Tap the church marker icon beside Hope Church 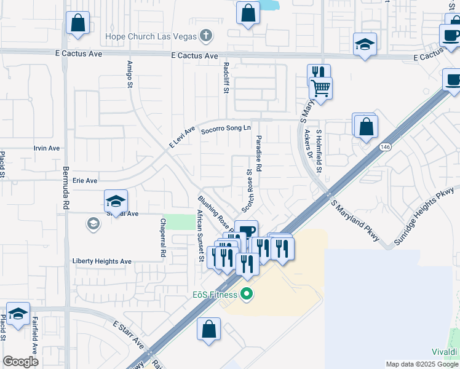[207, 36]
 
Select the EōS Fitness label [213, 295]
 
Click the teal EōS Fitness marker [247, 295]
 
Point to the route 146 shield [385, 146]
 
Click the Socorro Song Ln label [227, 128]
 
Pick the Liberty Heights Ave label [102, 261]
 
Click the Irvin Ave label [47, 148]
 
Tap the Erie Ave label [85, 181]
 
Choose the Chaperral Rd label [163, 237]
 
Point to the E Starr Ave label [128, 332]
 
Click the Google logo [21, 362]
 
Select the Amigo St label [130, 74]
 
